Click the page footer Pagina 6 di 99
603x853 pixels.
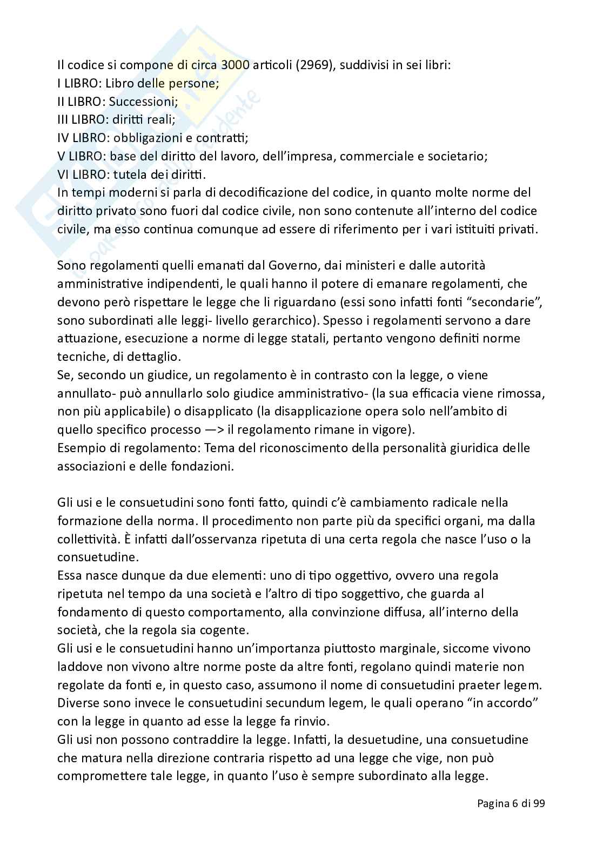511,803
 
